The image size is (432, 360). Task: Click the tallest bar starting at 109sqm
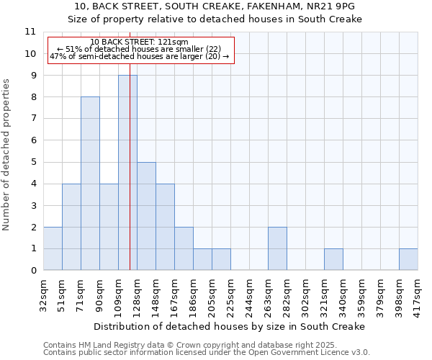click(127, 173)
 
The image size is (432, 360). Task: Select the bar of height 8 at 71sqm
click(90, 184)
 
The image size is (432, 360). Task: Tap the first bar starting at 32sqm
click(53, 248)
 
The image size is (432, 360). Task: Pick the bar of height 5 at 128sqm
click(146, 216)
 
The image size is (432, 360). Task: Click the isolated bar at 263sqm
click(277, 248)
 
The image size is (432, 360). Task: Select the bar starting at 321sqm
click(333, 259)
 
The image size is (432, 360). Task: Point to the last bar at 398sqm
click(408, 259)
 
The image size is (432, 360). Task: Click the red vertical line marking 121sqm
click(130, 180)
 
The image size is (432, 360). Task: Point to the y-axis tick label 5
click(32, 162)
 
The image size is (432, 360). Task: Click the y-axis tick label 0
click(32, 271)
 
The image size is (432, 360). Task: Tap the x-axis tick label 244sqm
click(250, 294)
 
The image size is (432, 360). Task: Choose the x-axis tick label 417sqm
click(418, 294)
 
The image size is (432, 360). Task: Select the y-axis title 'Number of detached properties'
click(7, 155)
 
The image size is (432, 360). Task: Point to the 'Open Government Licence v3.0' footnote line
click(207, 353)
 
